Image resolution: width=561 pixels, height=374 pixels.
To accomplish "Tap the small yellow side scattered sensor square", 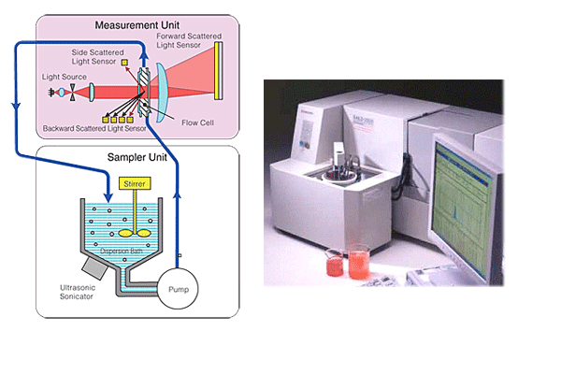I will tap(125, 63).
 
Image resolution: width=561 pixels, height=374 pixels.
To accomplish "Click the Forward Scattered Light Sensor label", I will tap(192, 41).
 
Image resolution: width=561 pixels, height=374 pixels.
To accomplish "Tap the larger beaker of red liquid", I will tap(359, 261).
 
